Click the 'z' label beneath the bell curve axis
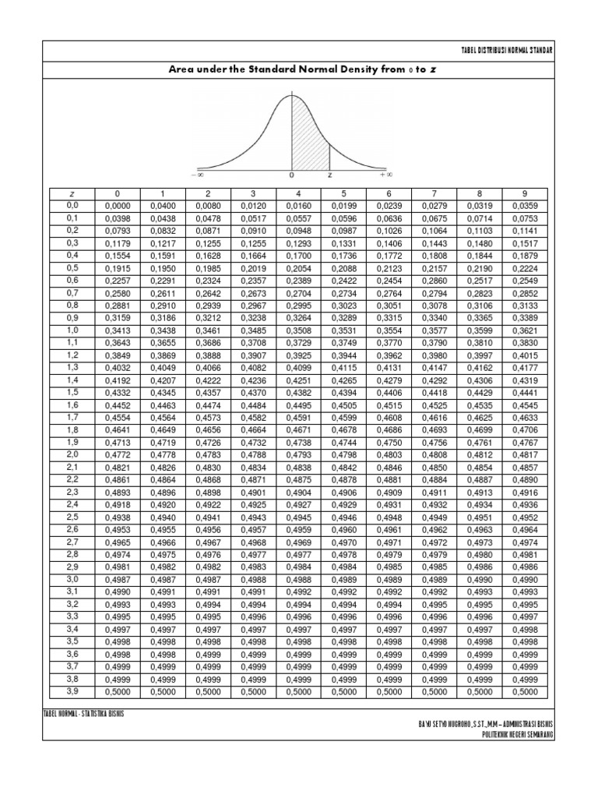(329, 175)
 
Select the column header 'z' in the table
(72, 192)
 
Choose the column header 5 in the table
(343, 192)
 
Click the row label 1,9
(72, 441)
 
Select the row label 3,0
(72, 578)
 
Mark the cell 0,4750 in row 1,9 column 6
(389, 442)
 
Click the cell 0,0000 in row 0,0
(116, 206)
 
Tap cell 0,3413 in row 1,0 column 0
(116, 330)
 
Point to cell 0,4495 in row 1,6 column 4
(298, 404)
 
